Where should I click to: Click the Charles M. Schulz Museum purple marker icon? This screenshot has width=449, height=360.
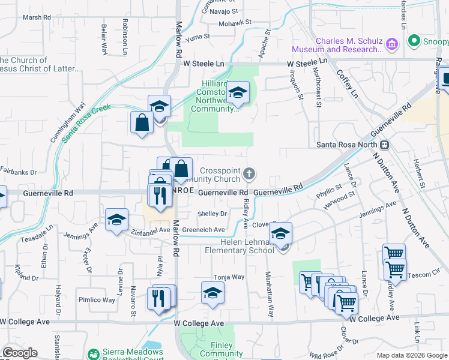pyautogui.click(x=392, y=44)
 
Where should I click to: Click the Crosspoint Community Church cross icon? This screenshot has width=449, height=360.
pyautogui.click(x=250, y=175)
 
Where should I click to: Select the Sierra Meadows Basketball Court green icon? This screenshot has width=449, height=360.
pyautogui.click(x=93, y=355)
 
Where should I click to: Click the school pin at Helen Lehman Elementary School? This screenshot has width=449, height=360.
pyautogui.click(x=280, y=234)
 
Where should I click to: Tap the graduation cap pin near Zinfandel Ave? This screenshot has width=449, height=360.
pyautogui.click(x=117, y=220)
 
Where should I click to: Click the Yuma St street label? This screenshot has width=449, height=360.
pyautogui.click(x=198, y=37)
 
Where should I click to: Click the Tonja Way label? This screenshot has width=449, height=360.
pyautogui.click(x=230, y=277)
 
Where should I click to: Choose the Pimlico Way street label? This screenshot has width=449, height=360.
pyautogui.click(x=96, y=299)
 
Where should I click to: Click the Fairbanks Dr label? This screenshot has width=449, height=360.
pyautogui.click(x=19, y=171)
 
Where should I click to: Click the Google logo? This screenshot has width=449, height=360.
pyautogui.click(x=20, y=353)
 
